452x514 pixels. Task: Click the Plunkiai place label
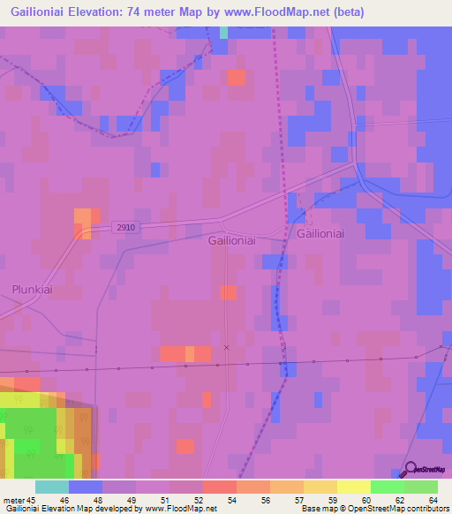tap(34, 289)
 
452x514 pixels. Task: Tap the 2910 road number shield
tap(125, 228)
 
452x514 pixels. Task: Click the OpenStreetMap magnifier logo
tap(412, 470)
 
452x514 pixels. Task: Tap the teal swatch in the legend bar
tap(52, 487)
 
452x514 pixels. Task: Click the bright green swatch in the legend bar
tap(388, 487)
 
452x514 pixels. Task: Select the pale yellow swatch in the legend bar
tap(354, 487)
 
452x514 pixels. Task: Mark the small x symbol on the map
tap(227, 348)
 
